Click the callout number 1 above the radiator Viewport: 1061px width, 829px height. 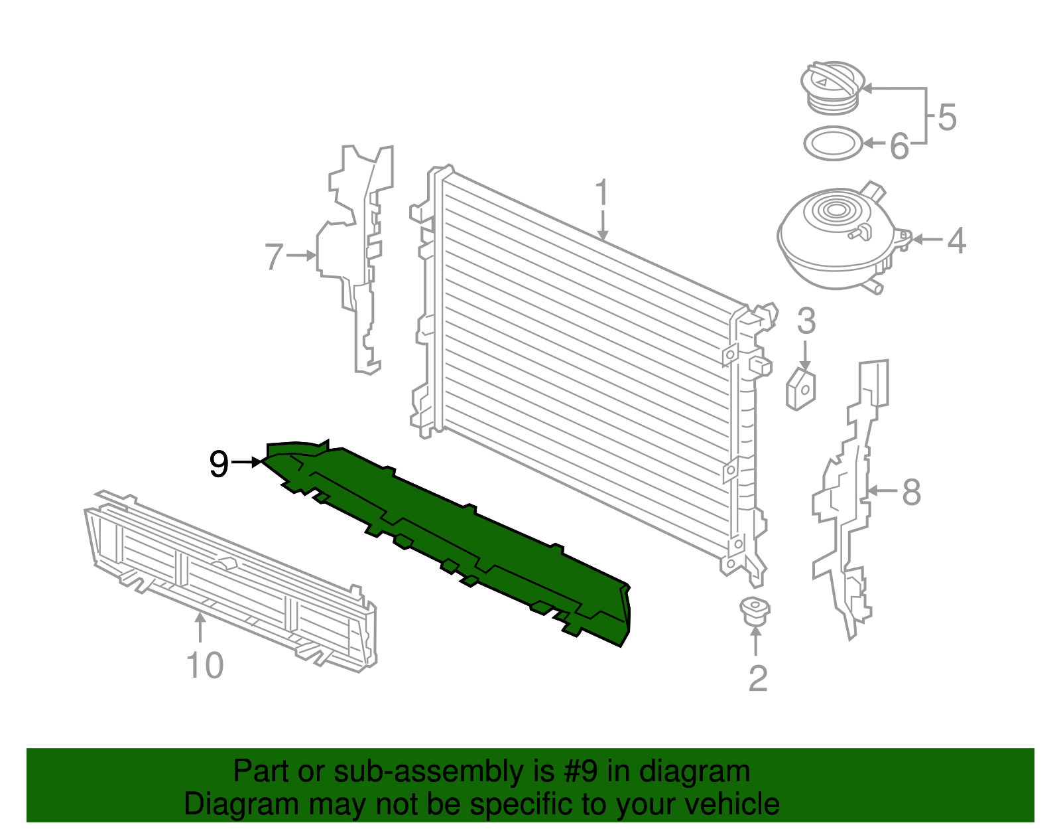601,193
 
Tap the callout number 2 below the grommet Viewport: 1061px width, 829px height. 757,678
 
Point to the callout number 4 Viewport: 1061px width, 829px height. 956,240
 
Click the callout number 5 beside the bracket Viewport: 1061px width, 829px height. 947,117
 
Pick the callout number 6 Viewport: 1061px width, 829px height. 899,146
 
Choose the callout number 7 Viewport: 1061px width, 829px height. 274,257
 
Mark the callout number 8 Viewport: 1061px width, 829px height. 912,492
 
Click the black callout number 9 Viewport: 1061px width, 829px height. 219,463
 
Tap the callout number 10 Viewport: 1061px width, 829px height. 205,665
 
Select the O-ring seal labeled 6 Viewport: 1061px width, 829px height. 833,143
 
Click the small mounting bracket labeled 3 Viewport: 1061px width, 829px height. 801,390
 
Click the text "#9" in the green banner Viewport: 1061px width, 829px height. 582,772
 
